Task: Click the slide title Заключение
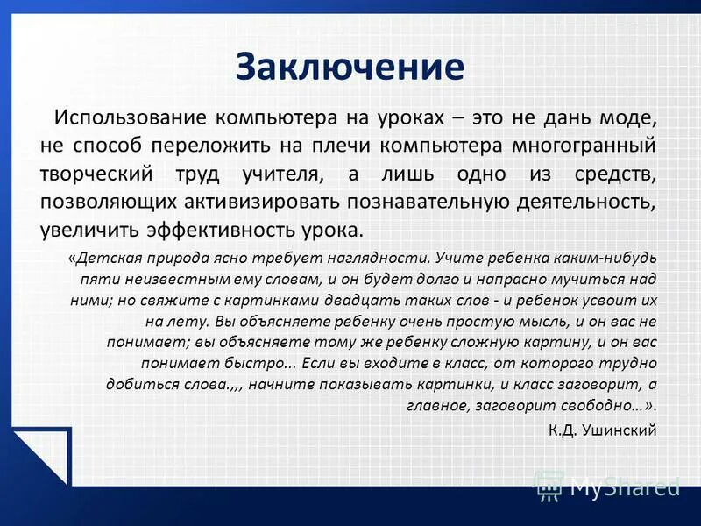click(x=350, y=68)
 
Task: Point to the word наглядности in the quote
click(x=384, y=259)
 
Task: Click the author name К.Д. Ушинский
click(x=602, y=430)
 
